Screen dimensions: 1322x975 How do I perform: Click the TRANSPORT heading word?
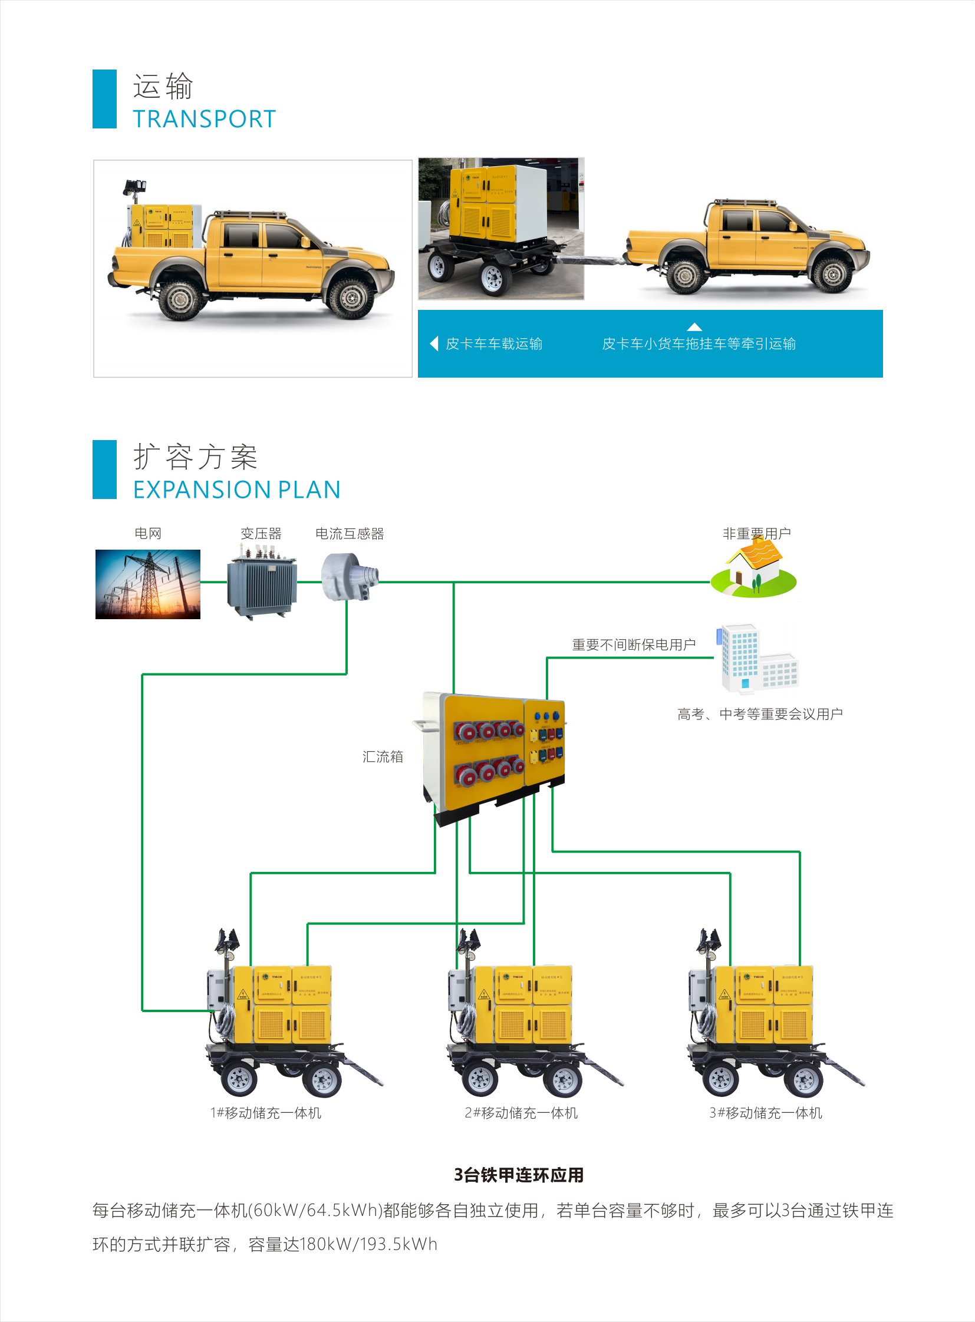(x=204, y=119)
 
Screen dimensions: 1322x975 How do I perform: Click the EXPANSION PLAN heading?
(x=236, y=490)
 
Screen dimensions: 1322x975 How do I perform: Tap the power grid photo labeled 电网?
(x=147, y=584)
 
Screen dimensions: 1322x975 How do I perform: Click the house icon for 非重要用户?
(x=754, y=570)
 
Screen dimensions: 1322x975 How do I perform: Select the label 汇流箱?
(x=383, y=756)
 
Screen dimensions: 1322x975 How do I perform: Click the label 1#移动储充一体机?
(x=266, y=1113)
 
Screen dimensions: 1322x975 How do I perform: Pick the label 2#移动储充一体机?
(x=521, y=1113)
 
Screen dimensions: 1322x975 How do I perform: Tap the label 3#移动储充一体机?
(x=766, y=1113)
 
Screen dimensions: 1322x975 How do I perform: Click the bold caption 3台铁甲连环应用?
(x=518, y=1175)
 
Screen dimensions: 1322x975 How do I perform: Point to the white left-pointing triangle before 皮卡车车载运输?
(x=434, y=343)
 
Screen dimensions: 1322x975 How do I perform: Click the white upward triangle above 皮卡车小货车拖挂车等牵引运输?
(x=694, y=327)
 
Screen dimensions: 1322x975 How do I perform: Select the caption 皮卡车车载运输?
(x=494, y=343)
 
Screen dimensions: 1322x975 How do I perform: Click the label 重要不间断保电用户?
(x=633, y=644)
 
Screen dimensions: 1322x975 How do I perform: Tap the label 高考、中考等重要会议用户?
(x=760, y=714)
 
